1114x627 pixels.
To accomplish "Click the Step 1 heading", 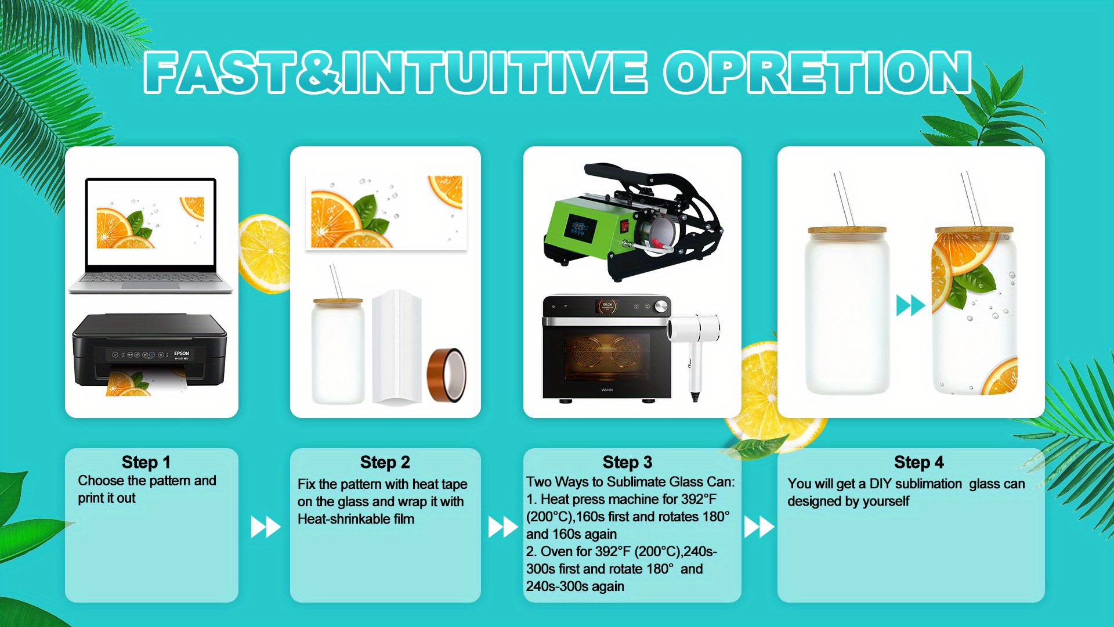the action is coord(146,462).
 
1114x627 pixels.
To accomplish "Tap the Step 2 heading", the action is coord(385,462).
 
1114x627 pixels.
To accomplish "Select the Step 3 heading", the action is coord(628,462).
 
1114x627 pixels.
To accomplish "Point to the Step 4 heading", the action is coord(919,462).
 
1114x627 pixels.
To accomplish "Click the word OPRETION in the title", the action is coord(818,72).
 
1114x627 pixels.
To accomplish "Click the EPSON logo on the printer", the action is coord(182,353).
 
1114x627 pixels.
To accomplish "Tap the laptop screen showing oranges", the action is coord(151,222).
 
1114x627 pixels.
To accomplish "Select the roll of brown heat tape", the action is coord(446,375).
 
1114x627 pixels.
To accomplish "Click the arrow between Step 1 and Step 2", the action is coord(266,527).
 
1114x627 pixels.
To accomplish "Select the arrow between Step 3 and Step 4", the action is coord(759,527).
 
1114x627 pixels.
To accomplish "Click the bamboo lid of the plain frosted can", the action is coord(847,230).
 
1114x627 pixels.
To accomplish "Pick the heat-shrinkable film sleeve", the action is coord(397,346).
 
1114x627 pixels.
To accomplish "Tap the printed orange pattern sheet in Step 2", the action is coord(386,212).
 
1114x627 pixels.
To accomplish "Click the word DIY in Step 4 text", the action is coord(880,484).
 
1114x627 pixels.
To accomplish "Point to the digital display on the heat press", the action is coord(578,228).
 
